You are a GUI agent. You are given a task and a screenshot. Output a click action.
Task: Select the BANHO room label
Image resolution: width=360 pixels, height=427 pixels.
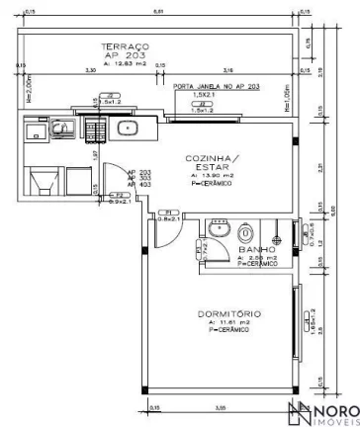tap(256, 250)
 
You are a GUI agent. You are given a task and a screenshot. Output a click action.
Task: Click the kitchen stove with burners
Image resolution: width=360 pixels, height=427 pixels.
tap(97, 128)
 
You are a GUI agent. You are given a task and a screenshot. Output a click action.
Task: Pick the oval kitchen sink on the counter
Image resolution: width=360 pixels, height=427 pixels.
tap(128, 129)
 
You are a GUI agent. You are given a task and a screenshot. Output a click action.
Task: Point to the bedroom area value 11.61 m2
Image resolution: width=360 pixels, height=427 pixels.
tap(223, 322)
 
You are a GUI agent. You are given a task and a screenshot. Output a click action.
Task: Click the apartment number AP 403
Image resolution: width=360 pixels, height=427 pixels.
tap(135, 185)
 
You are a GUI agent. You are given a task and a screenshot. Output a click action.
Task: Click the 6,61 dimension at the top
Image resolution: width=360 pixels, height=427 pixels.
tap(158, 9)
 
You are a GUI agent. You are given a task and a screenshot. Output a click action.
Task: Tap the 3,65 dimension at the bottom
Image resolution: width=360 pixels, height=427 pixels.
tap(222, 406)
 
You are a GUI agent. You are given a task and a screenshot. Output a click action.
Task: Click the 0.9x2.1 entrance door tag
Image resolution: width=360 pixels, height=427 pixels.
tap(115, 202)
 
